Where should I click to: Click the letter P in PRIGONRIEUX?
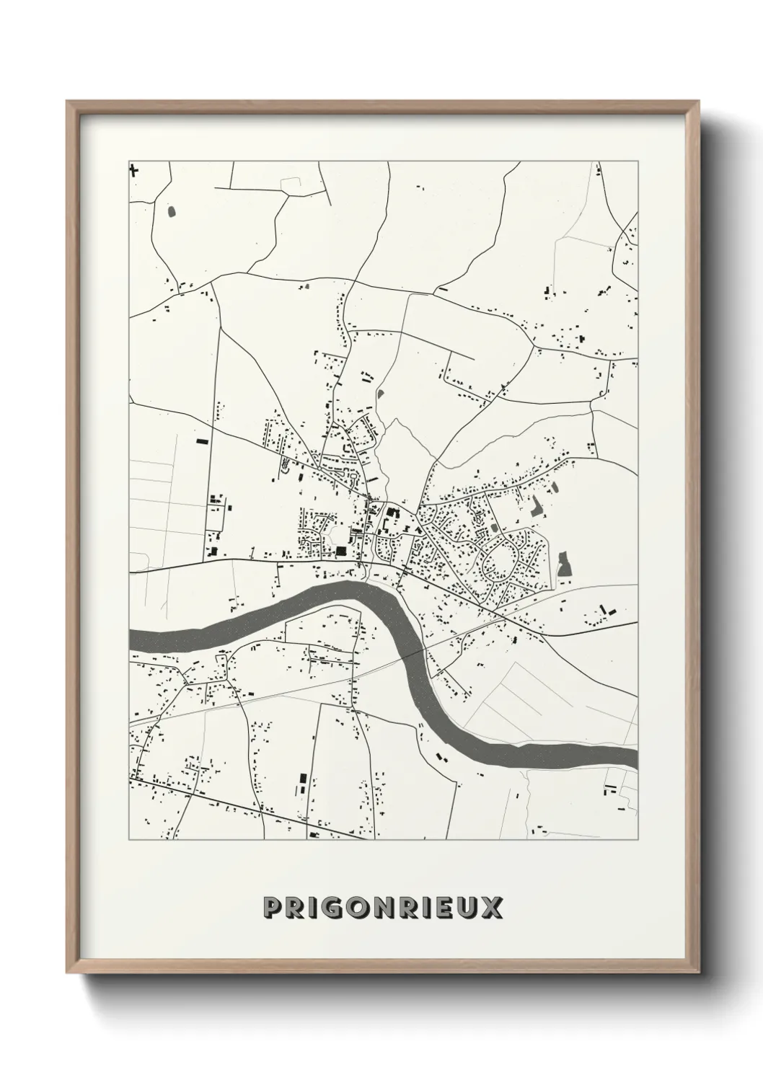273,908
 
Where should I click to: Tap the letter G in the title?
333,908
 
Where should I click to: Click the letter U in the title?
467,908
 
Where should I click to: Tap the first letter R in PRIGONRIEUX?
296,908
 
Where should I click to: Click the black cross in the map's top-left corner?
133,171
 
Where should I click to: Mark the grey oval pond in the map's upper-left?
171,211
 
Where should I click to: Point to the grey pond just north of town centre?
380,394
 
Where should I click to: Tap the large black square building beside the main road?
340,552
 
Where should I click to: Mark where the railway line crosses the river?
419,650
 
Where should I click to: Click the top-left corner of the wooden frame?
68,102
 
